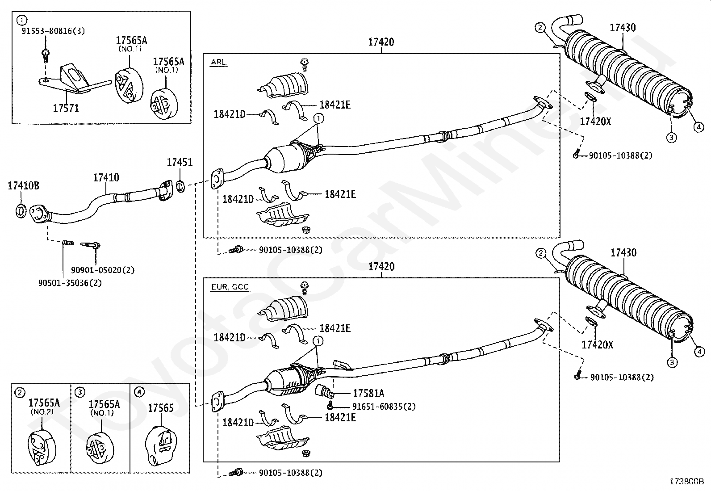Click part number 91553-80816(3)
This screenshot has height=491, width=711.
click(53, 31)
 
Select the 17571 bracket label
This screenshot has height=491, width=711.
click(66, 108)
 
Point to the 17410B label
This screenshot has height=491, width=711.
click(24, 185)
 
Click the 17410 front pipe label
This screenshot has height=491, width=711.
click(106, 177)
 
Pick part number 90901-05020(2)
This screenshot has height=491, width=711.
click(103, 270)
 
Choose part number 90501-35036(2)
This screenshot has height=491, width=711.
click(70, 283)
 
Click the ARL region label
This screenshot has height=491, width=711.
click(219, 62)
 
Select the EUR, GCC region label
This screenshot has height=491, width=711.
click(230, 287)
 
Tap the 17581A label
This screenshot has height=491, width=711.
click(368, 394)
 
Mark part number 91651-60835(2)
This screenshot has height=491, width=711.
click(384, 406)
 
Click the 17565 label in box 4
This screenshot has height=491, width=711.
click(161, 408)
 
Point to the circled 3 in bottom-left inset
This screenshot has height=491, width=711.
click(79, 393)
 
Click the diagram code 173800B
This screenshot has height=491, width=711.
click(686, 482)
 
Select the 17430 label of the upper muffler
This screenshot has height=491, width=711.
click(623, 28)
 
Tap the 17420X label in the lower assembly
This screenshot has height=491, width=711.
click(598, 345)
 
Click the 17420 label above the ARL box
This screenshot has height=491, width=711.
click(381, 42)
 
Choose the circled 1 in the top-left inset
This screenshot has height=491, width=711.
click(21, 21)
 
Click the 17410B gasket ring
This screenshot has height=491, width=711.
click(21, 211)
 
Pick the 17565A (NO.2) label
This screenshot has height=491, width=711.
click(44, 406)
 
